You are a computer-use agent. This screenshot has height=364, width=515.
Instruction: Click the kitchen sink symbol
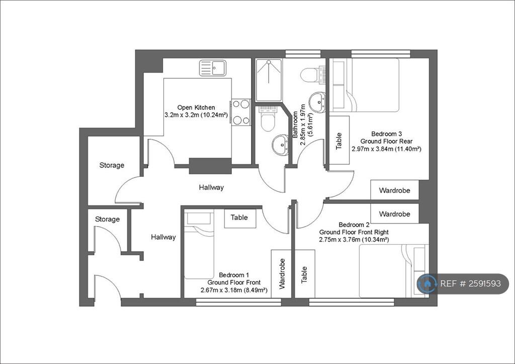coord(213,68)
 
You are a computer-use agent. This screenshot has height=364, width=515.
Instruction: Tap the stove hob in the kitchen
coord(241,112)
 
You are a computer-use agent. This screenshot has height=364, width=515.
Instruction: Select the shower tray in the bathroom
coord(269,80)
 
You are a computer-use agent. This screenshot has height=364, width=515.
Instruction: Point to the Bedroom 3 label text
coord(386,134)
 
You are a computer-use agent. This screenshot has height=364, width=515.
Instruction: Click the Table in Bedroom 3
coord(339,140)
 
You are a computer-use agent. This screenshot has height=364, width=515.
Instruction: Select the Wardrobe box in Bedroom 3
coord(394,190)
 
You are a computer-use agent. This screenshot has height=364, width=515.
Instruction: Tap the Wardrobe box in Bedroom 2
coord(394,214)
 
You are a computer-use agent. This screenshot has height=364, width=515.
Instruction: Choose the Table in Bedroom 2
coord(305,274)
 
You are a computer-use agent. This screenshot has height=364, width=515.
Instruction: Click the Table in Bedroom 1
coord(240,218)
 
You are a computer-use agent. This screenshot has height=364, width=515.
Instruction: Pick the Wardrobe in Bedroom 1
coord(281,274)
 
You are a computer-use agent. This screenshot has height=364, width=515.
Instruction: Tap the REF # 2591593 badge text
coord(470,283)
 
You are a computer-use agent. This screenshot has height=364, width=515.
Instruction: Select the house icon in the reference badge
coord(427,283)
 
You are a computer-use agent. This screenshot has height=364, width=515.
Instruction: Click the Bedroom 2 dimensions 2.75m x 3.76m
coord(354,240)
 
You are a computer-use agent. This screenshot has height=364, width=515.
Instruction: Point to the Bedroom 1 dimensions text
coord(234,290)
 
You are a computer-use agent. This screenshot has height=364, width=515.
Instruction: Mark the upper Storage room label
coord(112,165)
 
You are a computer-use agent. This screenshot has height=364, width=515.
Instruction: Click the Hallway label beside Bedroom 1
coord(163,237)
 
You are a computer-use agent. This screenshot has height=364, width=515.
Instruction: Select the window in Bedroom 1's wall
coord(238,302)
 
